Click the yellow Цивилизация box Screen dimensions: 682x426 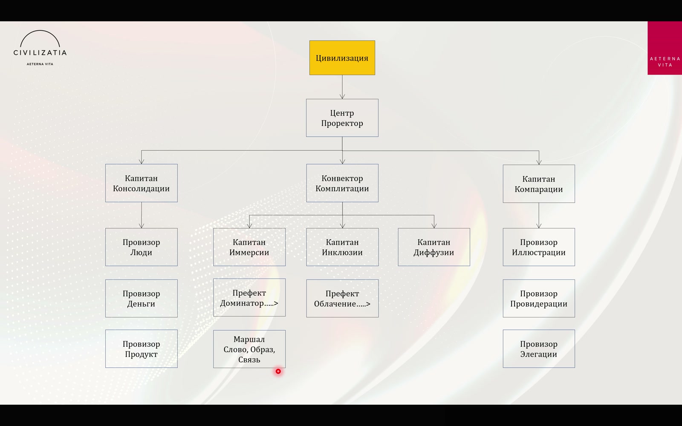342,58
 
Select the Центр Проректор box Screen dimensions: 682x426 342,118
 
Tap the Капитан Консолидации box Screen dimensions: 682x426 142,183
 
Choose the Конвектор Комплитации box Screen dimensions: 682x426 342,183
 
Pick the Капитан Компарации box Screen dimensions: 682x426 539,184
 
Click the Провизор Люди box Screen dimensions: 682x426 142,247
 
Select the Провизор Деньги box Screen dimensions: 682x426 142,299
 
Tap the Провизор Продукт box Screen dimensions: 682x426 142,349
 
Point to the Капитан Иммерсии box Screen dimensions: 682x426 249,247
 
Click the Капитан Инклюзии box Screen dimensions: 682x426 343,247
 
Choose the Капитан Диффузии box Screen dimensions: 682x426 434,247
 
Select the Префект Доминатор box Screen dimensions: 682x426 249,298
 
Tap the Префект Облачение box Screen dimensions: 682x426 343,299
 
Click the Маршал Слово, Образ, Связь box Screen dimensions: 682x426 249,349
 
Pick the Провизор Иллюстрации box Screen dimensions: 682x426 539,247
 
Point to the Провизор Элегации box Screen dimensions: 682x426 539,349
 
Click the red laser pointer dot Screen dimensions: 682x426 278,371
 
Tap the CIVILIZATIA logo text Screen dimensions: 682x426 40,53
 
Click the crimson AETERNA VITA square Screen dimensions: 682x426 665,48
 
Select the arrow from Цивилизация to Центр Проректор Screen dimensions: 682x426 342,87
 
